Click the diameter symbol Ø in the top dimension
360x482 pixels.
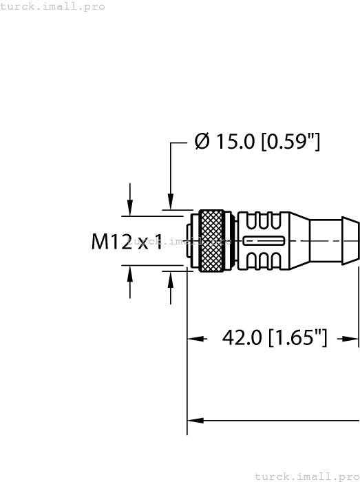point(202,142)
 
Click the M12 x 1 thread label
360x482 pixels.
point(127,241)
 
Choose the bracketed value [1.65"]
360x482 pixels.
point(297,338)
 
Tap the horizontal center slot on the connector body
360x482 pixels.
point(263,241)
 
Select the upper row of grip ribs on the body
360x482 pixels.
point(264,222)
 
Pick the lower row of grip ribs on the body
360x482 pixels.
point(264,260)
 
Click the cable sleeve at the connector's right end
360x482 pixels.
point(334,240)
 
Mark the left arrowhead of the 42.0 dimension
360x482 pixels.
point(196,339)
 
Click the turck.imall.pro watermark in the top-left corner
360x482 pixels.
point(53,6)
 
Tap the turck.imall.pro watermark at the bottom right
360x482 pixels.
point(306,476)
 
